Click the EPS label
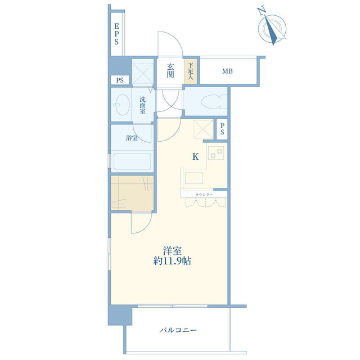pos(116,34)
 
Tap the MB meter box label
pos(227,71)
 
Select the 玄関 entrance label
pos(170,71)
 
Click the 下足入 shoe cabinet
pos(190,71)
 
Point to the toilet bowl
pos(214,101)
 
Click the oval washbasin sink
pos(123,105)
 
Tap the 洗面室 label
pos(142,105)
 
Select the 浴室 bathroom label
pos(132,138)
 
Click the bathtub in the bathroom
pos(132,161)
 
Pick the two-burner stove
pos(216,153)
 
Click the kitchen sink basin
pos(194,178)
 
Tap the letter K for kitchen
pos(195,157)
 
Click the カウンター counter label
pos(204,195)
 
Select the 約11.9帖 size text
pos(172,261)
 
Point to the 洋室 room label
pos(172,251)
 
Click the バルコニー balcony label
pos(178,330)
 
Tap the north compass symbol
pos(272,28)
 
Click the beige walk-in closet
pos(132,193)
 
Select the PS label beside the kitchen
pos(222,129)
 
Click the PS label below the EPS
pos(120,80)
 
